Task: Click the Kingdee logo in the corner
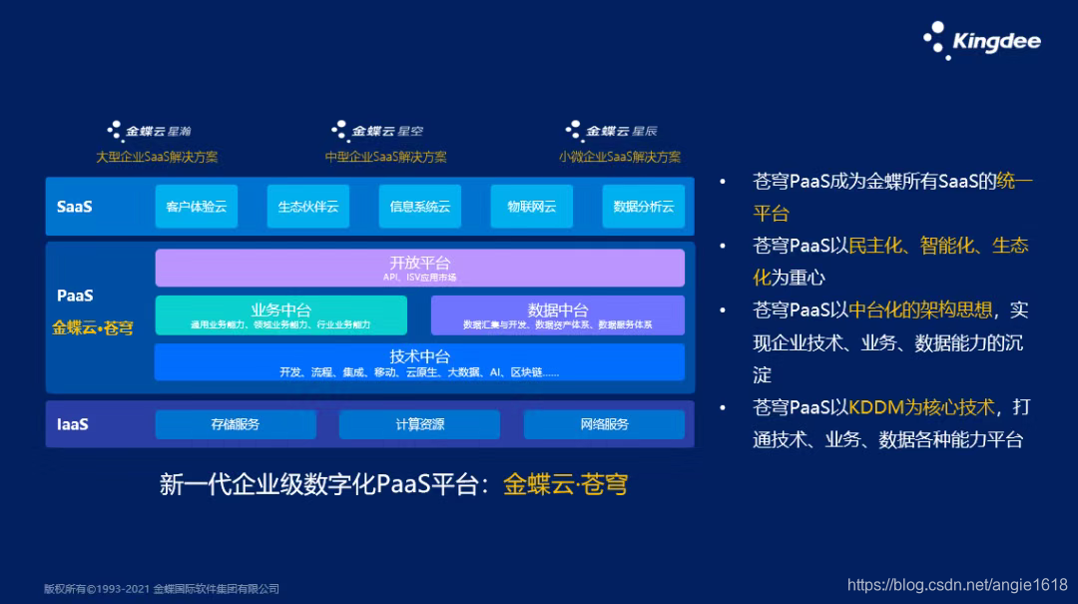coord(982,41)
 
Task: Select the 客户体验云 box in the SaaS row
coord(197,207)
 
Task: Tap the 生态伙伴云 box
coord(308,207)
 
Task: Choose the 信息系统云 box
coord(420,207)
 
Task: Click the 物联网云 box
coord(532,207)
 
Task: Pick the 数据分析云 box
coord(644,207)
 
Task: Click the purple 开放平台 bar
coord(420,268)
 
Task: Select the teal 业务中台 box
coord(280,314)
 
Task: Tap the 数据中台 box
coord(558,314)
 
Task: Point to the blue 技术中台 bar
coord(420,361)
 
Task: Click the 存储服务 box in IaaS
coord(236,424)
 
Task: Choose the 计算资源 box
coord(420,424)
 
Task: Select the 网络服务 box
coord(605,424)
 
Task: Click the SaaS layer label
coord(75,207)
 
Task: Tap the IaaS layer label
coord(73,424)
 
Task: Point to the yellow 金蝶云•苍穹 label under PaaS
coord(93,327)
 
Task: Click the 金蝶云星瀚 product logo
coord(150,131)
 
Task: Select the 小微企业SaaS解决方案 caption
coord(620,157)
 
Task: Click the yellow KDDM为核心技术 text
coord(921,407)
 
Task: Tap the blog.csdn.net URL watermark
coord(957,585)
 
